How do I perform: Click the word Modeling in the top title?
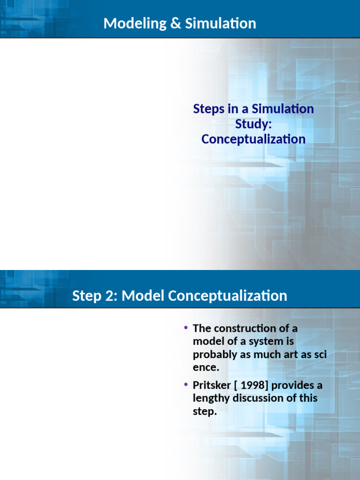tap(135, 23)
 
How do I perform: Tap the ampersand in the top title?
tap(175, 23)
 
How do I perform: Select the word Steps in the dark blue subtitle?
tap(209, 109)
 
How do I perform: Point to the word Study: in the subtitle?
tap(254, 124)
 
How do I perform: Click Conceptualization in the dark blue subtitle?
tap(254, 139)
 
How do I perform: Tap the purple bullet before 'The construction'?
tap(186, 328)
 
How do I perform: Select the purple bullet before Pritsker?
tap(186, 384)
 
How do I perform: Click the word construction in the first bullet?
tap(245, 328)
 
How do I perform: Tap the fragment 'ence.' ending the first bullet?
tap(206, 367)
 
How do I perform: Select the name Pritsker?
tap(211, 385)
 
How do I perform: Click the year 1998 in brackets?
tap(253, 385)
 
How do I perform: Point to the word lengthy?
tap(211, 398)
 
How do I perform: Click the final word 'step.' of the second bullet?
tap(205, 411)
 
